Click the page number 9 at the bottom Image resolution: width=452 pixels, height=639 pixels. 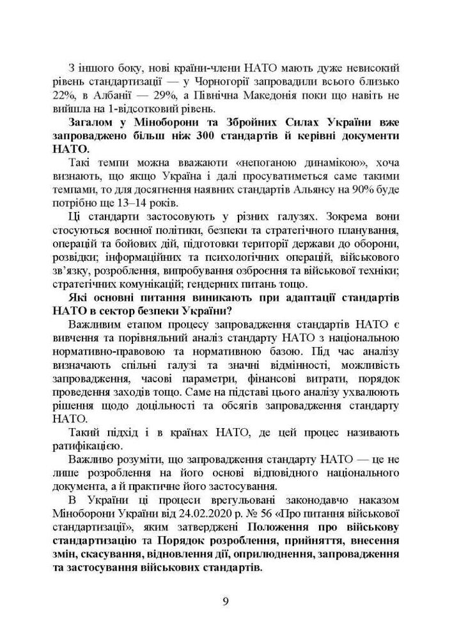click(226, 601)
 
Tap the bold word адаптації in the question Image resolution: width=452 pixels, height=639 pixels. click(302, 299)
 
